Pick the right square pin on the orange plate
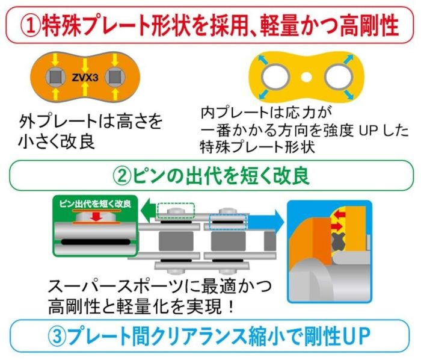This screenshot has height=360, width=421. pyautogui.click(x=112, y=77)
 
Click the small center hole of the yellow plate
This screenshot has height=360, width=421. pyautogui.click(x=306, y=77)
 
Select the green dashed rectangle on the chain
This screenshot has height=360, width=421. pyautogui.click(x=175, y=209)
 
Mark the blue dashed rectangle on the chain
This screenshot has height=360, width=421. pyautogui.click(x=227, y=222)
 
